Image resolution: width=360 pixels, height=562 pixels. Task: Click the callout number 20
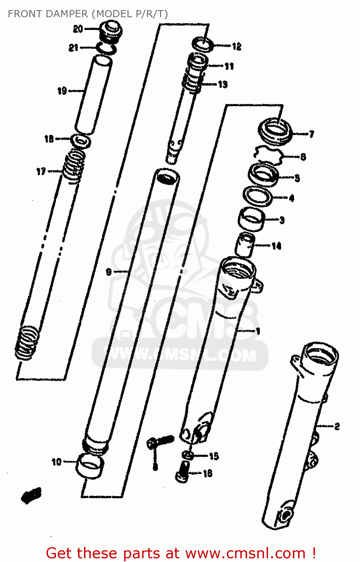(78, 29)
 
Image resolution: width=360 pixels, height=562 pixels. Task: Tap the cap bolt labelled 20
(109, 32)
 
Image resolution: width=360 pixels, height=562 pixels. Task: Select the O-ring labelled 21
(106, 49)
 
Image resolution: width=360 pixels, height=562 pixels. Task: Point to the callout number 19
(62, 91)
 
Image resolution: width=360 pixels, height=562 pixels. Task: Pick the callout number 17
(41, 172)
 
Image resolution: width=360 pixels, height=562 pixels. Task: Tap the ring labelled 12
(203, 45)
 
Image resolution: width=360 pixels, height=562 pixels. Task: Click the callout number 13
(223, 85)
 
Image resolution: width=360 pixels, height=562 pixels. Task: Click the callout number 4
(291, 198)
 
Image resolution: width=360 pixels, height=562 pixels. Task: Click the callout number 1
(258, 331)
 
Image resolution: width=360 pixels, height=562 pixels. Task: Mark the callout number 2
(337, 426)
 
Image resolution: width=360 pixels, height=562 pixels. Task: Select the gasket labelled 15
(188, 455)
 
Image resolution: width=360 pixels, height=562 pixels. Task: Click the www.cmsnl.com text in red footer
(245, 553)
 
